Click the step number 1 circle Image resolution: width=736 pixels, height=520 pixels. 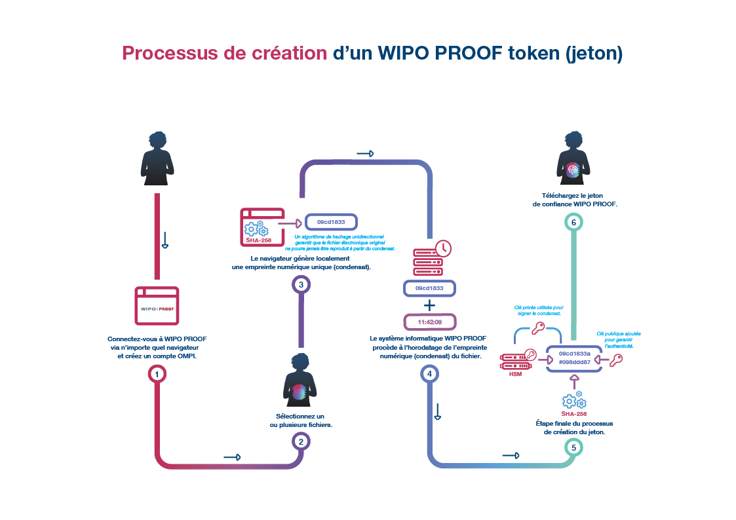pyautogui.click(x=157, y=374)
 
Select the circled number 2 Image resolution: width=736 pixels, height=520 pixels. pyautogui.click(x=301, y=441)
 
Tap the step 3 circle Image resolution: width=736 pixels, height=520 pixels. pyautogui.click(x=301, y=284)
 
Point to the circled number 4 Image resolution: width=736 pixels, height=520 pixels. pyautogui.click(x=429, y=374)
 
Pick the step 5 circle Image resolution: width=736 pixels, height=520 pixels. pyautogui.click(x=573, y=448)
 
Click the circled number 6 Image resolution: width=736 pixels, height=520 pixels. pyautogui.click(x=573, y=223)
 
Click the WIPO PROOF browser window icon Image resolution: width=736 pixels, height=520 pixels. pyautogui.click(x=157, y=305)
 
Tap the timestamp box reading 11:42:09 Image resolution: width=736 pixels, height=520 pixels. pyautogui.click(x=429, y=322)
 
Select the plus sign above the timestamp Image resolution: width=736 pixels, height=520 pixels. pyautogui.click(x=429, y=305)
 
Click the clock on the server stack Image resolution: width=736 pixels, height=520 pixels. pyautogui.click(x=443, y=248)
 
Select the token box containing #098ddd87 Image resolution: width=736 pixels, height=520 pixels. pyautogui.click(x=574, y=357)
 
